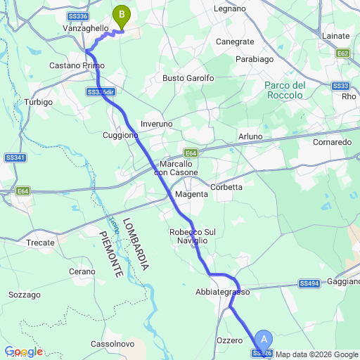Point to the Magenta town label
point(191,194)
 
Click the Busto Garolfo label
point(188,79)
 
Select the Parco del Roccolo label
point(285,90)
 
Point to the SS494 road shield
point(309,283)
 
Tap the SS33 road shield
point(340,86)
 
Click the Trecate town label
point(40,243)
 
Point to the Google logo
point(23,352)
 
